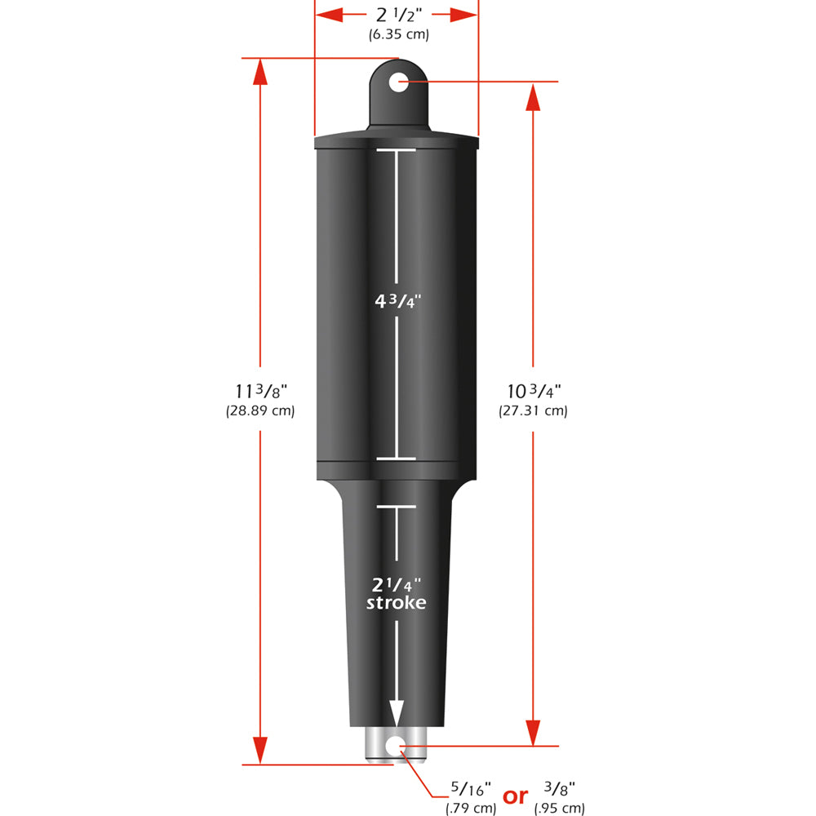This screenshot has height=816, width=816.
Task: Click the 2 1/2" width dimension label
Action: (x=397, y=15)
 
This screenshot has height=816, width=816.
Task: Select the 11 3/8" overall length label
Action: (x=259, y=392)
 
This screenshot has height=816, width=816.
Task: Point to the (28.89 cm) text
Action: (x=259, y=411)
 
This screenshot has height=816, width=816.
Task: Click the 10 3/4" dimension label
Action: (x=532, y=392)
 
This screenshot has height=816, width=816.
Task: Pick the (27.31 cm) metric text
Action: (x=533, y=411)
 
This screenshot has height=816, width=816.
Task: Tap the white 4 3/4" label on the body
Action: (x=397, y=300)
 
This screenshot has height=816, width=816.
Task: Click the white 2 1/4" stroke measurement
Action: (x=397, y=584)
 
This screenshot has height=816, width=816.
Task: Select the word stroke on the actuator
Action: (x=397, y=603)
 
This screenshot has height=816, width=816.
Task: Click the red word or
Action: (x=515, y=796)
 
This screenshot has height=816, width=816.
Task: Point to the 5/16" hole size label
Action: (x=470, y=790)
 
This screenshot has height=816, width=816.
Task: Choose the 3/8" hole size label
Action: (x=560, y=790)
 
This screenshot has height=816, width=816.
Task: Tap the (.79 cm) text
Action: (x=470, y=809)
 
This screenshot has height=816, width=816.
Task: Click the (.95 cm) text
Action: (x=560, y=809)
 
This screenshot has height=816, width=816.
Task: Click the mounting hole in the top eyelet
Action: (x=397, y=82)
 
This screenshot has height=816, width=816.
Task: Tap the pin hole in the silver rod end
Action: (x=397, y=744)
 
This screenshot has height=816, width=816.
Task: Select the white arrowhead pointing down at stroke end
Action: (x=397, y=712)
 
